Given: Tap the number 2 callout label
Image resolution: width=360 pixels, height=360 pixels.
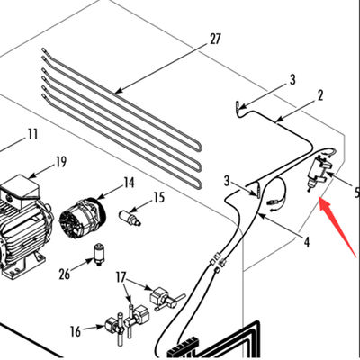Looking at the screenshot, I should [x=319, y=94].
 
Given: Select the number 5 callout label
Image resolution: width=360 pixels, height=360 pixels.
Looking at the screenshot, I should [x=355, y=192].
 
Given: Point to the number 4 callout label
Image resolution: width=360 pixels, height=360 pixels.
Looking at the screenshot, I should [x=306, y=241].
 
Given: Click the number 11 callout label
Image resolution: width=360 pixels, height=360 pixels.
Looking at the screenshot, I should [x=32, y=135].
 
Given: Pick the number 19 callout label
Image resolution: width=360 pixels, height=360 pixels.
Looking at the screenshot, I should [x=60, y=162].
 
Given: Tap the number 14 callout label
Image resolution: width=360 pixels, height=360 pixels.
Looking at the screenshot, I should [x=129, y=183].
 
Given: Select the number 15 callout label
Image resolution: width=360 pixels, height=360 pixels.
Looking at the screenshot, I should [x=158, y=196].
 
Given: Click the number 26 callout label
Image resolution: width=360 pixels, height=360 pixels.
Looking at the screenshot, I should [x=63, y=273].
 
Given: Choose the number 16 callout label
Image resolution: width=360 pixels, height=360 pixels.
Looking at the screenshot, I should [x=76, y=331].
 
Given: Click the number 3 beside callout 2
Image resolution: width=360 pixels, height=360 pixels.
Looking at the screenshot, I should [x=292, y=80].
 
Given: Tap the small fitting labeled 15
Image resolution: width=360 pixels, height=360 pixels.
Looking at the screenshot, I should [x=132, y=218].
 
